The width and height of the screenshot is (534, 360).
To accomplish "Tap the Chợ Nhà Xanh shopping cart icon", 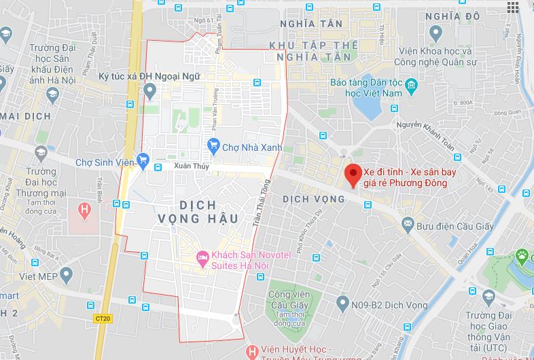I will click(214, 145).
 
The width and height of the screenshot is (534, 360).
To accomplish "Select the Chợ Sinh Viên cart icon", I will click(143, 160).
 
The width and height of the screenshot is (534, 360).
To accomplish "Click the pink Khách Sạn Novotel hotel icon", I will click(201, 257).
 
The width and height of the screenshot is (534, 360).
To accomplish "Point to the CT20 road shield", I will click(102, 318).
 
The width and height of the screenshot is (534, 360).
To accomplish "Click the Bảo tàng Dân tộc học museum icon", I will click(411, 86).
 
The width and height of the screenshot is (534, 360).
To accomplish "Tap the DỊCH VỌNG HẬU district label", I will click(198, 211).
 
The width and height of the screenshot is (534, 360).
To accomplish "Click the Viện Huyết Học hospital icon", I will click(252, 351).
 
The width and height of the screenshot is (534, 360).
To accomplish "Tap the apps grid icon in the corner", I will click(512, 7).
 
